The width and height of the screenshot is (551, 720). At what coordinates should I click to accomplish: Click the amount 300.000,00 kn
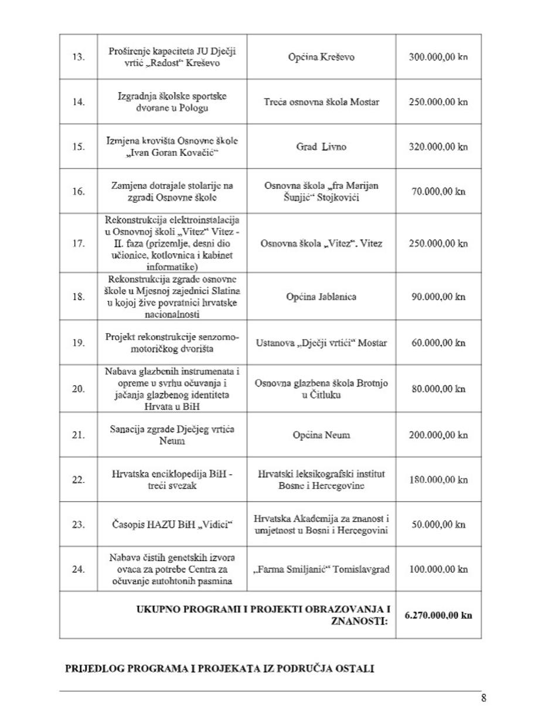438,57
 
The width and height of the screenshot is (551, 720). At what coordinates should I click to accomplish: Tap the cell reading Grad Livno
321,147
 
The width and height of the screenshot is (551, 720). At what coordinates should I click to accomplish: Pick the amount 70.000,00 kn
438,191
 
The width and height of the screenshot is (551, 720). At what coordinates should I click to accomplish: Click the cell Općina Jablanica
321,297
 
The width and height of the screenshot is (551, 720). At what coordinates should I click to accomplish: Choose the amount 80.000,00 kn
438,389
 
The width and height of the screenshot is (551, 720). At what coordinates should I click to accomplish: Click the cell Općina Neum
321,435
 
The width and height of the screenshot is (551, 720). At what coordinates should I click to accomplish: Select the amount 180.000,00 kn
438,480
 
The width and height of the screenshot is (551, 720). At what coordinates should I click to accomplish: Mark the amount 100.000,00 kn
438,569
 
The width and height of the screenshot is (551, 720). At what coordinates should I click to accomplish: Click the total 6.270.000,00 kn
438,615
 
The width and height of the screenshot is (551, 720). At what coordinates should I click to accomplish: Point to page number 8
484,698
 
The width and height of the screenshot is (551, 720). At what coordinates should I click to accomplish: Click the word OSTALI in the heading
354,669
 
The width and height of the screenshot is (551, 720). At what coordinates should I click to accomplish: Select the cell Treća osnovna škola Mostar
321,101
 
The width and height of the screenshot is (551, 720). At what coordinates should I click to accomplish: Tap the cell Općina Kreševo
321,57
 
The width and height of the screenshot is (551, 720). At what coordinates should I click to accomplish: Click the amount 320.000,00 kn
438,147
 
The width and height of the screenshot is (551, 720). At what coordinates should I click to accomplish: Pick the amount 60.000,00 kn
438,343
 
